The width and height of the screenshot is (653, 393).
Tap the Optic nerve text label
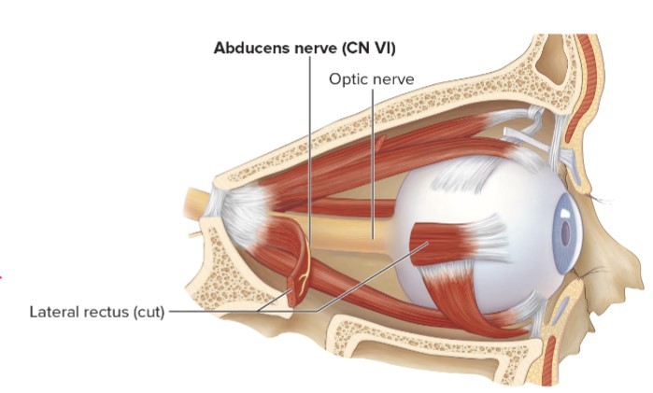[371, 79]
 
